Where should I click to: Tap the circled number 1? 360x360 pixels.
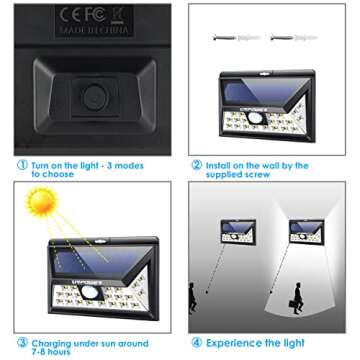(21, 165)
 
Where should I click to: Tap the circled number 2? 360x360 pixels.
(197, 165)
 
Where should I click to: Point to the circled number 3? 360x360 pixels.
(21, 342)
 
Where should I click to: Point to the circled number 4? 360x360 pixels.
(197, 342)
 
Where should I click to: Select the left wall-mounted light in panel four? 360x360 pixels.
(237, 231)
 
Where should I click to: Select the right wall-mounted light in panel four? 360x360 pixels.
(304, 231)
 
